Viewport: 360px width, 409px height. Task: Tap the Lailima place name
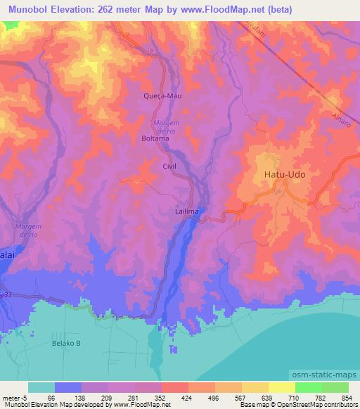(186, 211)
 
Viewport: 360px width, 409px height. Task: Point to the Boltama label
(155, 138)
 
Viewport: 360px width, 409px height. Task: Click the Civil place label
(169, 166)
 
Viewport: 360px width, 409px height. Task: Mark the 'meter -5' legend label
(12, 398)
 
